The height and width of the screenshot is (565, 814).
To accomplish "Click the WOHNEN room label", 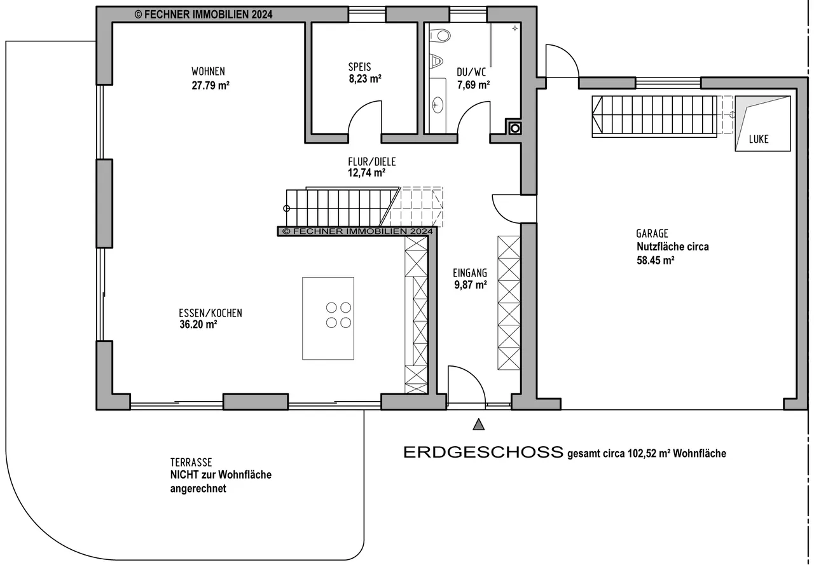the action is point(208,71).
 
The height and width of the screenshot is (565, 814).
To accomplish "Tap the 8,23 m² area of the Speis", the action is point(365,78).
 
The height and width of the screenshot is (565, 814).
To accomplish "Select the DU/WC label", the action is point(471,72).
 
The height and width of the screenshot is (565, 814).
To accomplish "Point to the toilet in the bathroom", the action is point(440,36).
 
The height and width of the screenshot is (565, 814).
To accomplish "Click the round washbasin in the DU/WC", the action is point(437,106).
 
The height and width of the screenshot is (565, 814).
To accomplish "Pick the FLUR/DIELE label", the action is point(372,161).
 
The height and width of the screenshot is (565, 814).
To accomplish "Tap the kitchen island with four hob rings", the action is point(328,318).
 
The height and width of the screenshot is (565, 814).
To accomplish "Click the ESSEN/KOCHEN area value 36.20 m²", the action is point(198,324).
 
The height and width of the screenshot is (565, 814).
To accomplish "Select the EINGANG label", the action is point(470,273).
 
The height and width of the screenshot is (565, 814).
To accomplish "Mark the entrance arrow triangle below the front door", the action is point(479,425).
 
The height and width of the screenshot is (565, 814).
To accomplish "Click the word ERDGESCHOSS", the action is point(483,453).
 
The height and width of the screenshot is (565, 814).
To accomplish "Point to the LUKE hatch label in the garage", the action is point(759,139).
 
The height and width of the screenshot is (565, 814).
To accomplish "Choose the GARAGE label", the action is point(652,233).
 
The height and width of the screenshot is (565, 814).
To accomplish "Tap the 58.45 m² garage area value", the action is point(656,261).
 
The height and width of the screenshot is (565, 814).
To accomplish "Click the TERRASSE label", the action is point(191,462).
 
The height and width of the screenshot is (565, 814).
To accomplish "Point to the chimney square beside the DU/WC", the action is point(515,128).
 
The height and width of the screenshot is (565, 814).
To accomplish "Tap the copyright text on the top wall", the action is point(203,15).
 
